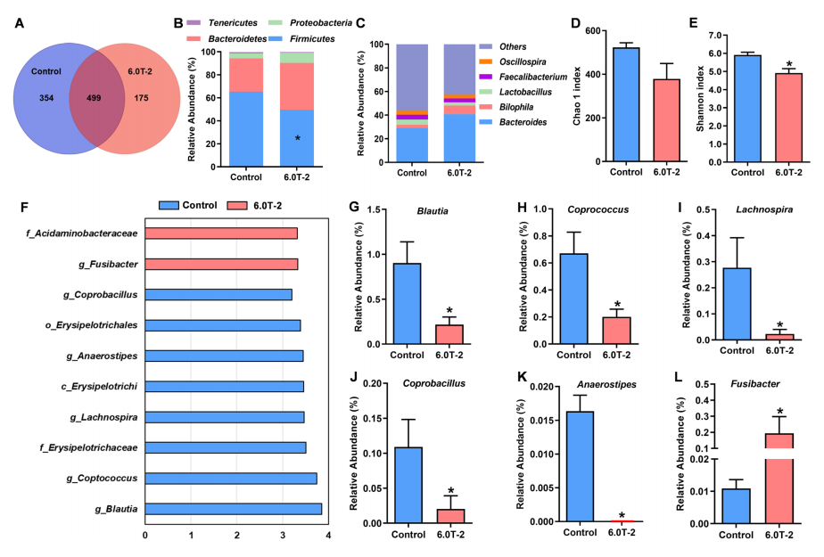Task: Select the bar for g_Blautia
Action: pos(233,510)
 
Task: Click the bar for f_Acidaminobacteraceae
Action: pos(220,233)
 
